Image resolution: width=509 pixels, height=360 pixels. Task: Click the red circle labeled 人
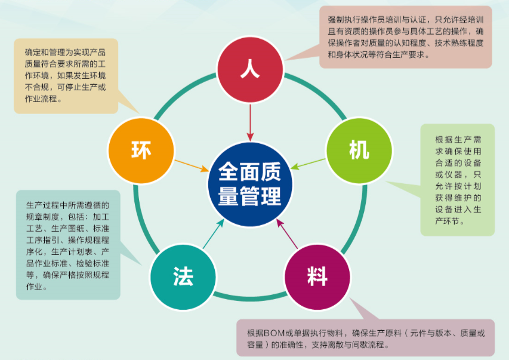tap(250, 69)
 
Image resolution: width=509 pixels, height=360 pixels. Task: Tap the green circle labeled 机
tap(359, 150)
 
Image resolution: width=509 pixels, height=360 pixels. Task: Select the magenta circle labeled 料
tap(317, 277)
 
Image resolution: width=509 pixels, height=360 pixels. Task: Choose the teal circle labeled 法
tap(183, 277)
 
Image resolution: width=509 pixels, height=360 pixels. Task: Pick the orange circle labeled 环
tap(141, 150)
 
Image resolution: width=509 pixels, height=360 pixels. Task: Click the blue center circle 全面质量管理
tap(250, 184)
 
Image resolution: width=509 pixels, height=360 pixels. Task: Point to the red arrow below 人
tap(250, 122)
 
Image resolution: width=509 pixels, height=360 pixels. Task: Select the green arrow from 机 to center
tap(308, 164)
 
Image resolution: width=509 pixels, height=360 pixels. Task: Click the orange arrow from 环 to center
tap(192, 165)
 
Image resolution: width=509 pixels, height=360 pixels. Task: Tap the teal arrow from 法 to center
tap(213, 234)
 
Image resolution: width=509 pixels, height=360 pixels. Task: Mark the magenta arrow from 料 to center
tap(287, 234)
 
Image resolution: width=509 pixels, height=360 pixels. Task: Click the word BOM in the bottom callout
tap(274, 333)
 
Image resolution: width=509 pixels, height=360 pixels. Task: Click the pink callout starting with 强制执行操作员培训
tap(405, 37)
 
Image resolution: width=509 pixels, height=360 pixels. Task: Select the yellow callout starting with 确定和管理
tap(66, 76)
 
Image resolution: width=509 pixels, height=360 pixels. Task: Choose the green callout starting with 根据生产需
tap(458, 180)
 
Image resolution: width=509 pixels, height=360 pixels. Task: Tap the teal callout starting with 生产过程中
tap(68, 245)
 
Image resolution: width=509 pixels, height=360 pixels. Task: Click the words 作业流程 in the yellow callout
tap(41, 99)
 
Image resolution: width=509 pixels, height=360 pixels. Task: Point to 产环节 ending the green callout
tap(447, 221)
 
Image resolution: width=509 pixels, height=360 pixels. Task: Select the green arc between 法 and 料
tap(250, 297)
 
